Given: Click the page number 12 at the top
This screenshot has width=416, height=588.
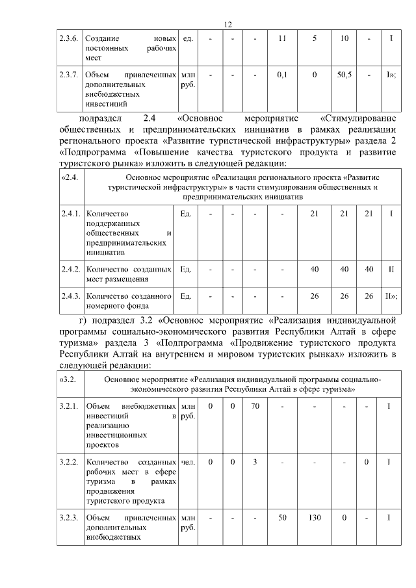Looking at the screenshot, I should pyautogui.click(x=227, y=24).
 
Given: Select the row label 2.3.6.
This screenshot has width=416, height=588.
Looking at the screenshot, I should pyautogui.click(x=69, y=38).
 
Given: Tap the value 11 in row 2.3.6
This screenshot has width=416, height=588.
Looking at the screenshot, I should pyautogui.click(x=282, y=38).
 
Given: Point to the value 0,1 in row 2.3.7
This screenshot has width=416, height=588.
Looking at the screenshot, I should pyautogui.click(x=282, y=75).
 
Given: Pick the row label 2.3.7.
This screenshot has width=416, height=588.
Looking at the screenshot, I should pyautogui.click(x=69, y=75).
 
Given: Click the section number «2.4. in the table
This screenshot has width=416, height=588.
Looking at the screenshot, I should pyautogui.click(x=68, y=177).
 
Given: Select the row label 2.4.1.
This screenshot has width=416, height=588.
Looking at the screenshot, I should pyautogui.click(x=69, y=214).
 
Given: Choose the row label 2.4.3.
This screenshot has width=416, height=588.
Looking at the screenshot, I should pyautogui.click(x=69, y=296).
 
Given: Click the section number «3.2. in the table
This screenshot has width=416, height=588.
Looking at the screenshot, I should pyautogui.click(x=68, y=379).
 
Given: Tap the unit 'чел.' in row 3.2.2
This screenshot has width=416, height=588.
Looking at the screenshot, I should pyautogui.click(x=188, y=462).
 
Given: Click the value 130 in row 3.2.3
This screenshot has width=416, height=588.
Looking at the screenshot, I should pyautogui.click(x=315, y=518).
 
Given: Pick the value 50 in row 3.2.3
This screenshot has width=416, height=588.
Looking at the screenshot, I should pyautogui.click(x=282, y=518).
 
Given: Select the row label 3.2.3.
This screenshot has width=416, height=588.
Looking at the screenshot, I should pyautogui.click(x=69, y=518).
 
